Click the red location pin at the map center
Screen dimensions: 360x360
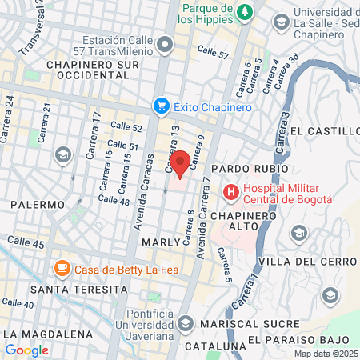[x=180, y=163]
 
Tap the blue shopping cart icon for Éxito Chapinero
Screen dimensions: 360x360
[x=161, y=106]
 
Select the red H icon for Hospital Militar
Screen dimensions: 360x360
[x=230, y=192]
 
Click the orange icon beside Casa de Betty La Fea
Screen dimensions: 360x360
[x=61, y=268]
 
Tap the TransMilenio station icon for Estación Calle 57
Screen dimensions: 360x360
[x=165, y=44]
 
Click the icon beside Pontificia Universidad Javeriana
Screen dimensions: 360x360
[x=186, y=324]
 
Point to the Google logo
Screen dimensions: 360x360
[x=26, y=350]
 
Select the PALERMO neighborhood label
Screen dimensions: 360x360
[x=37, y=205]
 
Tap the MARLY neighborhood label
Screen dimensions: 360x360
[x=158, y=241]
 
